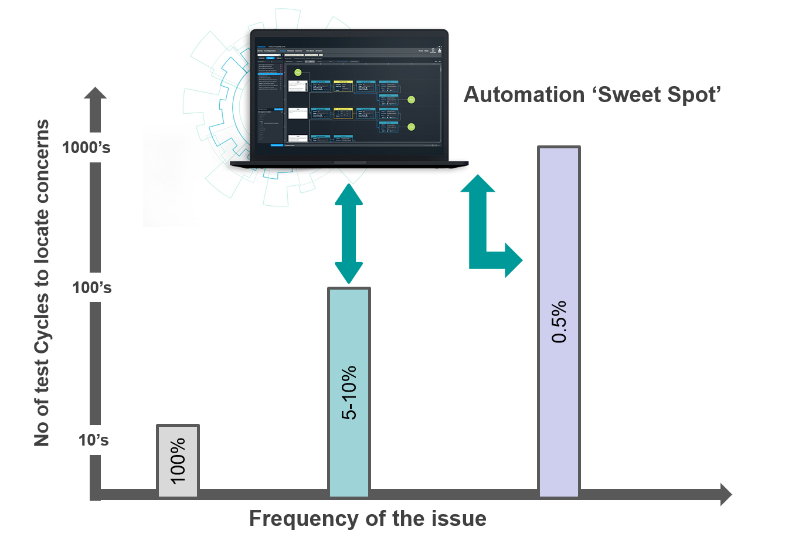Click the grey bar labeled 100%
coord(178,460)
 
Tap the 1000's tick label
coord(86,148)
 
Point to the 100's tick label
coord(91,288)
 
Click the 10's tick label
coord(94,440)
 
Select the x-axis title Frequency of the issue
coord(368,519)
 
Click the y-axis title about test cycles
coord(42,283)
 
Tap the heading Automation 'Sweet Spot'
coord(592,95)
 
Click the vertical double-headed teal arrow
coord(349,234)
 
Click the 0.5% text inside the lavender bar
coord(559,322)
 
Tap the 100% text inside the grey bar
coord(178,460)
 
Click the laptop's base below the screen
coord(349,164)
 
